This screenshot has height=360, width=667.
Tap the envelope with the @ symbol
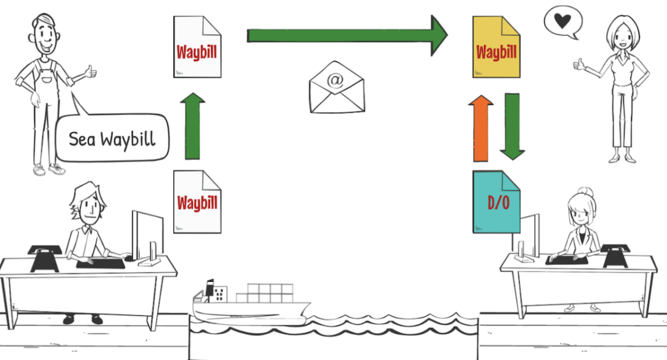tap(336, 91)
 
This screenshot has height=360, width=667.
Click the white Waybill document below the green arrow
tap(197, 202)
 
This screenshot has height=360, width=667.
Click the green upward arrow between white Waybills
tap(192, 126)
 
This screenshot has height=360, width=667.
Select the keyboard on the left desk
tap(100, 263)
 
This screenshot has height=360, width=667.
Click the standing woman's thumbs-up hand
tap(578, 64)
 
